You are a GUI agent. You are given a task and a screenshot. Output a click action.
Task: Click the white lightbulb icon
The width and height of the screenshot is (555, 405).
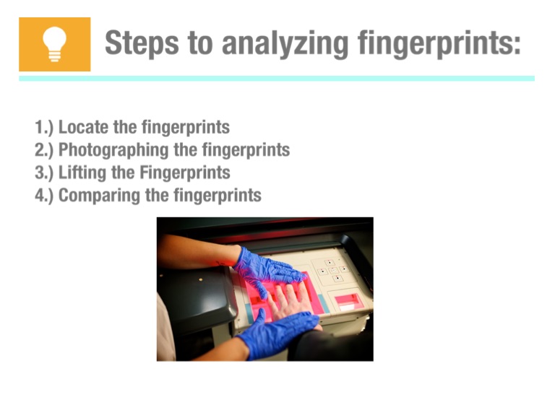(54, 45)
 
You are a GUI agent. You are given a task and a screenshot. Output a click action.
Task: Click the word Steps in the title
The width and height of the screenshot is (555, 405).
(142, 43)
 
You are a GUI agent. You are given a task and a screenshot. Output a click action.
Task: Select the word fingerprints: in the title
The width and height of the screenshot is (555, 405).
(439, 44)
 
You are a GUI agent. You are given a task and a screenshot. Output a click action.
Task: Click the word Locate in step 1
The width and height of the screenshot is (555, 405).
(83, 127)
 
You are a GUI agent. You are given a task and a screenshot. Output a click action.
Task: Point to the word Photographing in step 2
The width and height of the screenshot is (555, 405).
(113, 150)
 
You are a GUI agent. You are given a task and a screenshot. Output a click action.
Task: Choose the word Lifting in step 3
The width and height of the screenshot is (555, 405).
(82, 173)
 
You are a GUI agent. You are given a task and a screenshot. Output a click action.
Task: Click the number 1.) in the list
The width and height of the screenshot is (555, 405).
(44, 127)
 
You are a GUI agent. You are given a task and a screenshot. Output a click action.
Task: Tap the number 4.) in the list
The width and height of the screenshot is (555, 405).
(44, 196)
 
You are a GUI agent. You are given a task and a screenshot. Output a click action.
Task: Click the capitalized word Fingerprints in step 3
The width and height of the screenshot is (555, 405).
(185, 173)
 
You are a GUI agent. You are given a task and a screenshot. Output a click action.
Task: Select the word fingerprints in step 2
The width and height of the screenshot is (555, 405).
(246, 150)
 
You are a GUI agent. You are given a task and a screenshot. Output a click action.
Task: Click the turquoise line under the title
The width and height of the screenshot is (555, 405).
(277, 78)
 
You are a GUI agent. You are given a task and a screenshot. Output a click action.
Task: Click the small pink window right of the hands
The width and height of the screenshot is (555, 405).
(348, 302)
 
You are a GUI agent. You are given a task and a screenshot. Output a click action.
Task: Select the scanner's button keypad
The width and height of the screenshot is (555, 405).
(332, 271)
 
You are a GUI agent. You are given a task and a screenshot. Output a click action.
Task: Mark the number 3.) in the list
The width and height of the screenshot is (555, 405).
(44, 173)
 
